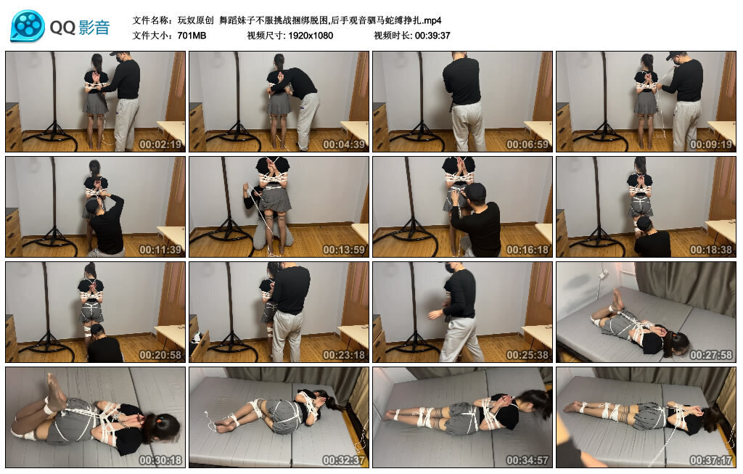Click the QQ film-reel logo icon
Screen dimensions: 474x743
click(28, 26)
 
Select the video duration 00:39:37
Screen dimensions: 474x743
click(432, 35)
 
